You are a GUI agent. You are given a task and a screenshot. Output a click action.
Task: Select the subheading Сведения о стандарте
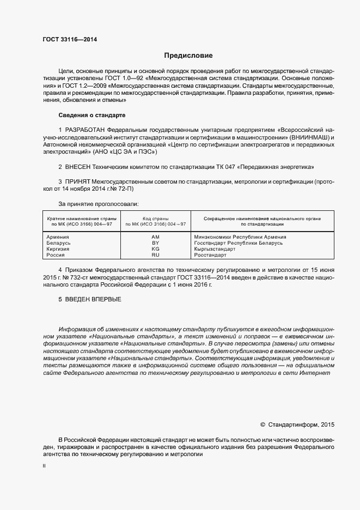pyautogui.click(x=91, y=115)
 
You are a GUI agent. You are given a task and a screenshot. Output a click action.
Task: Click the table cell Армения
pyautogui.click(x=58, y=237)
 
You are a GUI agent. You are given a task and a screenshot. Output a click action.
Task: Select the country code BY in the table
pyautogui.click(x=155, y=243)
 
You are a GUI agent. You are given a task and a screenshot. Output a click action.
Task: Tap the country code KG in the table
pyautogui.click(x=155, y=249)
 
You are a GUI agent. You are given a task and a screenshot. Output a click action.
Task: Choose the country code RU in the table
pyautogui.click(x=155, y=254)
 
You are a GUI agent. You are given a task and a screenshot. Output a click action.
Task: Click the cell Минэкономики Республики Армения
pyautogui.click(x=240, y=237)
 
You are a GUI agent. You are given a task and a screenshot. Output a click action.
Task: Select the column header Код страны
pyautogui.click(x=156, y=218)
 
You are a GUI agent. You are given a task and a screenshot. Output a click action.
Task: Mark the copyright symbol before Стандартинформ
pyautogui.click(x=263, y=424)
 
